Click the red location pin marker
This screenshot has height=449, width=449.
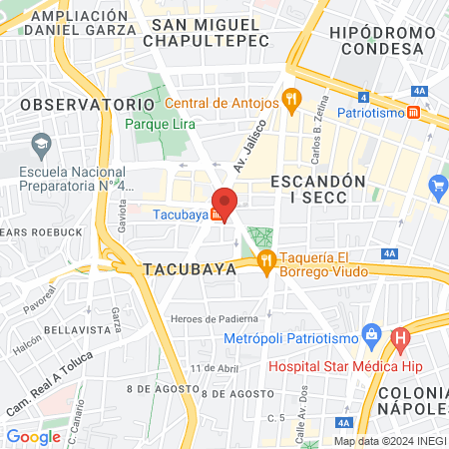pos(224,203)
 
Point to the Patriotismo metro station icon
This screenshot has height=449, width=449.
pos(414,114)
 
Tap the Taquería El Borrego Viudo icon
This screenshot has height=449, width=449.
pos(266,262)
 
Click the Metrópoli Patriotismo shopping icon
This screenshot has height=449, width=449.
pos(370,332)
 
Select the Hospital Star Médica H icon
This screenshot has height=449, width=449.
pos(401,339)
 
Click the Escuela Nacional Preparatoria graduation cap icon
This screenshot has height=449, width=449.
pos(41,147)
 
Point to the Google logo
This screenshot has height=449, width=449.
pos(33,436)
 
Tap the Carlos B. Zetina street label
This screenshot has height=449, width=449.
pos(317,143)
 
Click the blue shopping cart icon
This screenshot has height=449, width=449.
pos(436,185)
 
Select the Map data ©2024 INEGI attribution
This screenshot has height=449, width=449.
pos(389,441)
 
